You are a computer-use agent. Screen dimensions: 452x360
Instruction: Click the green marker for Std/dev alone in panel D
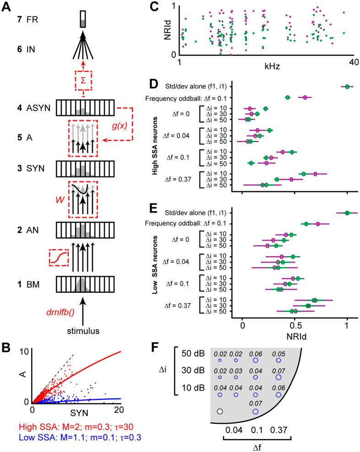point(347,86)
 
